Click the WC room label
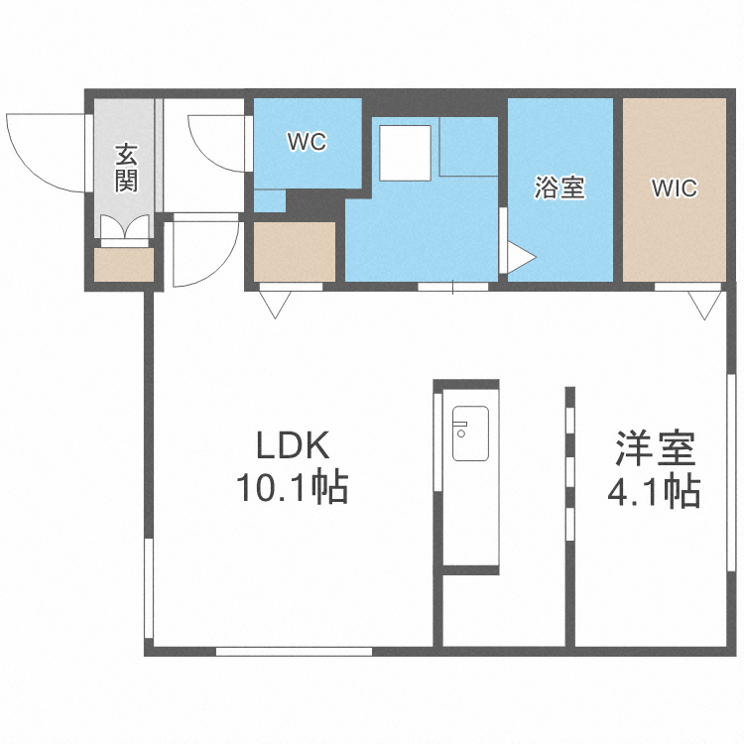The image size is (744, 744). point(307,143)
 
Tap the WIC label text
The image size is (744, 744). point(675,187)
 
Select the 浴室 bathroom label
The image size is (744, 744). point(559,187)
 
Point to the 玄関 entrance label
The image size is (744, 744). point(126,168)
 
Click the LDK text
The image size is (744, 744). point(292,447)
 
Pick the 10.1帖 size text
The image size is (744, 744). point(292,488)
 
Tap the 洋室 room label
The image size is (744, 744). point(655,449)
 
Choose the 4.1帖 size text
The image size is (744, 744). point(655,491)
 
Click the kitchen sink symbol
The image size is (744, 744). point(469,434)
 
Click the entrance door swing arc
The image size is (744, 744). point(40,149)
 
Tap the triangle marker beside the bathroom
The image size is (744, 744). point(521,259)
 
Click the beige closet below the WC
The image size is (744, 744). point(295,252)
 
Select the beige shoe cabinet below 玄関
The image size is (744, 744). point(125,264)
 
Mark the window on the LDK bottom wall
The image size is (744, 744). point(294,651)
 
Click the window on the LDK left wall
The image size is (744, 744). point(150,589)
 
